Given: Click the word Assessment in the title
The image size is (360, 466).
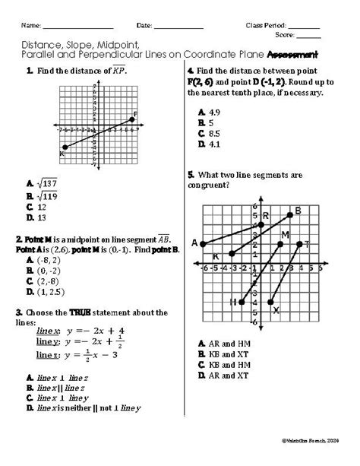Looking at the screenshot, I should point(292,54).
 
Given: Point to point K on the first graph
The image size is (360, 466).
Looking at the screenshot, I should point(65,147).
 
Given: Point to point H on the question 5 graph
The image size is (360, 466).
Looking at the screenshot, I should point(242,302).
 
